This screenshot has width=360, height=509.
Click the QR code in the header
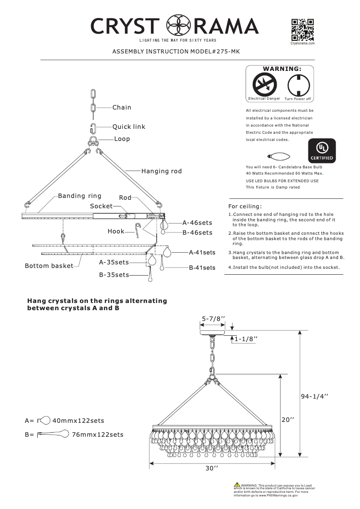coord(303,30)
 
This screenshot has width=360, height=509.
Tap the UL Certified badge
coord(320,151)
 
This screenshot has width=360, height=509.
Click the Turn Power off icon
coord(297,84)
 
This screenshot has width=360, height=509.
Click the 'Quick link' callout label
coord(129,127)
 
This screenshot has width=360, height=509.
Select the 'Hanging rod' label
coord(162,171)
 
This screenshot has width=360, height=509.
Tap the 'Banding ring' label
coord(80,196)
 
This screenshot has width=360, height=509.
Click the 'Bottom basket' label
coord(49,266)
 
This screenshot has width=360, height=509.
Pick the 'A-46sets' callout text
coord(197,223)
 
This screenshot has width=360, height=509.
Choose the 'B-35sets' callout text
coord(114,275)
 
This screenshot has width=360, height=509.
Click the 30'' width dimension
coord(211,468)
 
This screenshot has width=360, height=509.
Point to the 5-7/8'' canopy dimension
coord(213,319)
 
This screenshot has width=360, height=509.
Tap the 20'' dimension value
coord(288,420)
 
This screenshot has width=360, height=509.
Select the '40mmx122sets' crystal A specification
coord(78,421)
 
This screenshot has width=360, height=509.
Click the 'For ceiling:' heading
coord(245,206)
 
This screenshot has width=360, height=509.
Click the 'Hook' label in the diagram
coord(116,231)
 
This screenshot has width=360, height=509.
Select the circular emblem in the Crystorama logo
coord(176,26)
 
